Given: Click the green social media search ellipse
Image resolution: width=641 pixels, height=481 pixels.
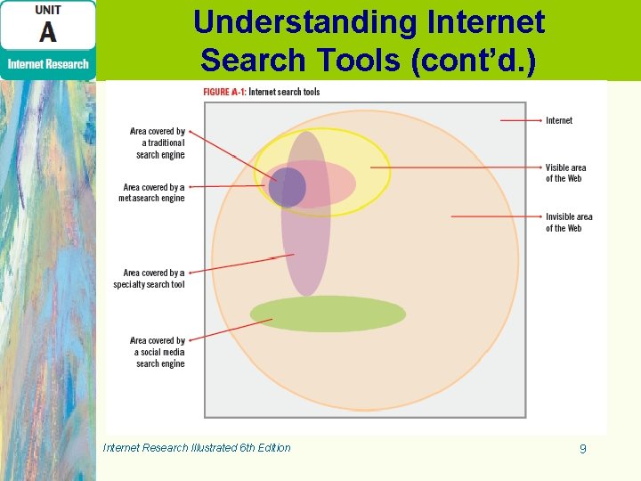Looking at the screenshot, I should click(x=328, y=314).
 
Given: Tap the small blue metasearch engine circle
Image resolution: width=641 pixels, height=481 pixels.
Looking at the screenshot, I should click(x=287, y=187).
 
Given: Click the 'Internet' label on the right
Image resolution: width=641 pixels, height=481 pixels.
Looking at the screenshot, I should click(x=559, y=120).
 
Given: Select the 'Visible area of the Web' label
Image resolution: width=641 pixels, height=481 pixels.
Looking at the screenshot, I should click(x=565, y=173).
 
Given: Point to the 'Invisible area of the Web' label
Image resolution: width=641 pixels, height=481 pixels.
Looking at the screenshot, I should click(x=569, y=223).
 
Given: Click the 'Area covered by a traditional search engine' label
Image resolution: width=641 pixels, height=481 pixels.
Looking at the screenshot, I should click(x=158, y=143).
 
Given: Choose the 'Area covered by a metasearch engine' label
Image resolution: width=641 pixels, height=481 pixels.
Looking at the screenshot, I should click(x=152, y=192).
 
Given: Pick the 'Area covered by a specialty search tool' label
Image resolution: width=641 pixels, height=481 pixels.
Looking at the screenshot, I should click(x=150, y=278).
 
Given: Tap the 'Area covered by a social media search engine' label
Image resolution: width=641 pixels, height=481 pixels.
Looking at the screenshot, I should click(x=158, y=352).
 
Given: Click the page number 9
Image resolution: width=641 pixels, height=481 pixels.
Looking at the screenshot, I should click(x=582, y=449).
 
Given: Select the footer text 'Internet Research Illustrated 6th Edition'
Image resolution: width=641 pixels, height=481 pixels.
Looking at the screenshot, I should click(x=197, y=448).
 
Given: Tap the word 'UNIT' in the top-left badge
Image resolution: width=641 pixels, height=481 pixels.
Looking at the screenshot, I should click(x=48, y=10).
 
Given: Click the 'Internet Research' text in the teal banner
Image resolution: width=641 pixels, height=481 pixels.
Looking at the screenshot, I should click(x=48, y=64).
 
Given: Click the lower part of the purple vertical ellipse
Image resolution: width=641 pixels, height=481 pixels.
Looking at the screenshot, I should click(x=305, y=267).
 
